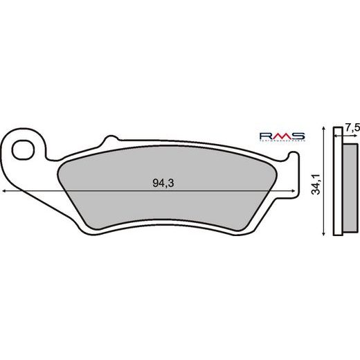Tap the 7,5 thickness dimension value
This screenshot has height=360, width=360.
pos(352,127)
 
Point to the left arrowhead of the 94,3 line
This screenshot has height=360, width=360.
pos(6,190)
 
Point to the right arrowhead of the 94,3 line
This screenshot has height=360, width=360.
pos(303,190)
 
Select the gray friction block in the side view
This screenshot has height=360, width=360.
pos(351,185)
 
